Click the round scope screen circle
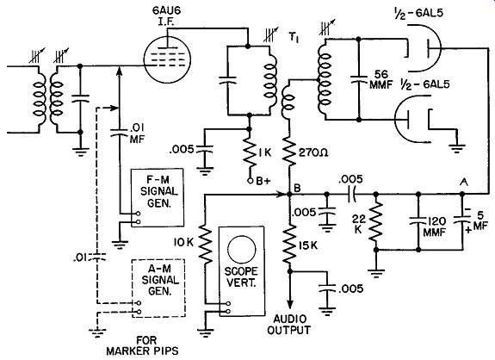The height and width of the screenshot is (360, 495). pos(242,248)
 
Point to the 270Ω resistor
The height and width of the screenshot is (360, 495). pos(289,152)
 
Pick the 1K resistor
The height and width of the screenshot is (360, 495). pos(249,152)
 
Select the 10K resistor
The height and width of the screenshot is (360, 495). pos(205,243)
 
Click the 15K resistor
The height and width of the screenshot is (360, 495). pos(289,244)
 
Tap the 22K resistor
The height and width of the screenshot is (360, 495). pos(376,222)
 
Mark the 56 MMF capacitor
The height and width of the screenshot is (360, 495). pos(359,78)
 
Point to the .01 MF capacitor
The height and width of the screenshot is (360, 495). pos(119,133)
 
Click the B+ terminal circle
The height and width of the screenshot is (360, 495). pos(250,181)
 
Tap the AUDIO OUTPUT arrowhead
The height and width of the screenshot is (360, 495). pos(289,304)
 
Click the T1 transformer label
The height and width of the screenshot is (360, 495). pos(294,38)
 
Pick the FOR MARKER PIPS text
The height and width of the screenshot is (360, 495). pos(142,346)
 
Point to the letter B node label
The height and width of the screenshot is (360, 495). pos(297,188)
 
